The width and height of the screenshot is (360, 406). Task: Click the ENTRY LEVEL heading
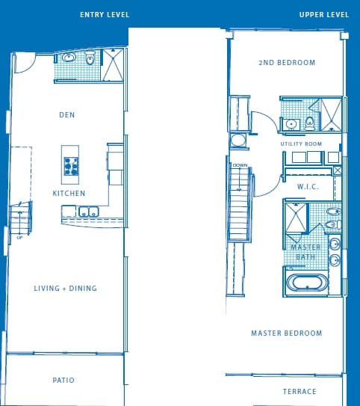coord(105,15)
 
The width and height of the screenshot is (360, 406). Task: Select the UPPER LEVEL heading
coord(324,15)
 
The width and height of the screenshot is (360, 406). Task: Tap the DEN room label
coord(67,115)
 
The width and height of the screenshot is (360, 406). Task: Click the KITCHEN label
coord(69,194)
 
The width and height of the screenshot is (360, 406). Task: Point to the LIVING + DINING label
coord(66,289)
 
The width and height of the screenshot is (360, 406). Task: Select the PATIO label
coord(63,381)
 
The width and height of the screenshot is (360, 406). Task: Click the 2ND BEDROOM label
coord(287,63)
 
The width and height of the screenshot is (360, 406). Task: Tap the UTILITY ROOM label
coord(301,144)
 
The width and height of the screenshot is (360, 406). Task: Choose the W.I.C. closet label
coord(308,187)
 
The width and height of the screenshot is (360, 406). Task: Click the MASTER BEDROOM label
coord(286,333)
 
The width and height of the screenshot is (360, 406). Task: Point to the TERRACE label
coord(300,392)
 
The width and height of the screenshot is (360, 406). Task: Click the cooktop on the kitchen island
coord(71,165)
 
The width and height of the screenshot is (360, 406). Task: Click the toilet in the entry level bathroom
coord(90,58)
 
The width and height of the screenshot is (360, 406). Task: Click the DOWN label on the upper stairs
coord(240,165)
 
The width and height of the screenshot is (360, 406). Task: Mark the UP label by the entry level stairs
coord(19,238)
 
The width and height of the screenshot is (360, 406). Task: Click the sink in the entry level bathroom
coord(69,57)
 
